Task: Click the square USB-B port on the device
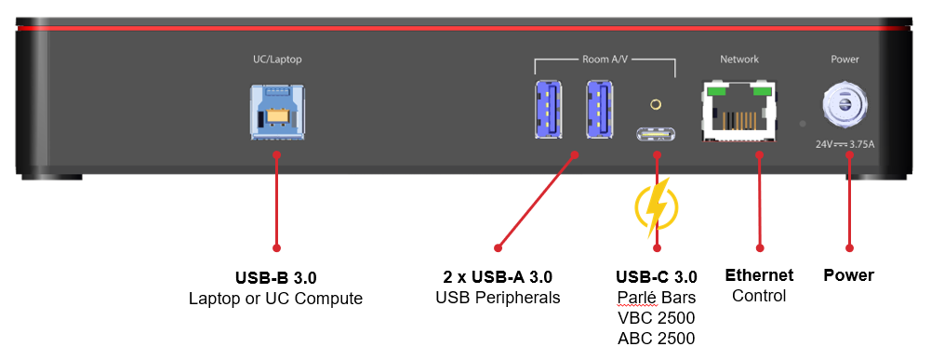[277, 113]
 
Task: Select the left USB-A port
[549, 109]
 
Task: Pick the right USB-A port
[600, 109]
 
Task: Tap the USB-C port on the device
[656, 137]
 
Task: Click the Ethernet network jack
[739, 112]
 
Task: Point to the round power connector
[845, 105]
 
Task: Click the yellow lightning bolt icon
[656, 208]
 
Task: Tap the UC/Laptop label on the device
[277, 60]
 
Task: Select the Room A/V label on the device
[604, 60]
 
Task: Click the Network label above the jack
[739, 60]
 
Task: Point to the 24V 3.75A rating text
[845, 144]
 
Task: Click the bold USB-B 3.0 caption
[276, 277]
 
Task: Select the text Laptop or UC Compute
[276, 299]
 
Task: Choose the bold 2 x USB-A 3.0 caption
[498, 277]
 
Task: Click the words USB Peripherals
[498, 297]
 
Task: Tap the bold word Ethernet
[760, 275]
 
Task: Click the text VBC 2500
[656, 317]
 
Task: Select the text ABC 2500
[656, 338]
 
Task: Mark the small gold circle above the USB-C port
[656, 104]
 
